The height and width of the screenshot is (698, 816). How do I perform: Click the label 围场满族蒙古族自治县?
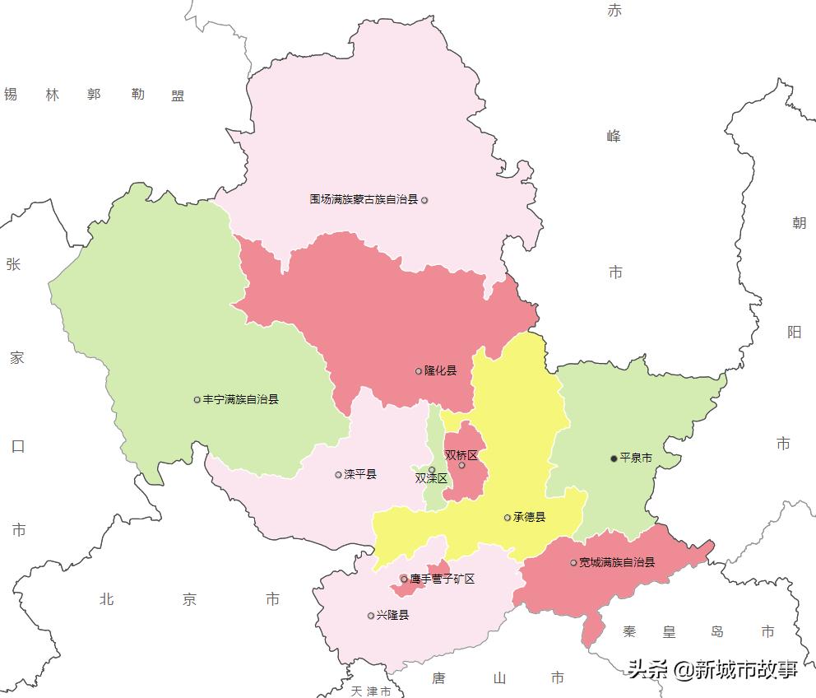pos(364,199)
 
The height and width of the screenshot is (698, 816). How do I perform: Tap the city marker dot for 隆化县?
pos(419,371)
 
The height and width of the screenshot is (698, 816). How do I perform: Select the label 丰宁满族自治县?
pos(240,399)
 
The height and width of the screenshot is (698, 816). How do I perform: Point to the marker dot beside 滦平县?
pos(338,475)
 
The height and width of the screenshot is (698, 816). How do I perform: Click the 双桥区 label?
pos(461,455)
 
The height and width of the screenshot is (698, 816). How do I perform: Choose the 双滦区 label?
pos(430,478)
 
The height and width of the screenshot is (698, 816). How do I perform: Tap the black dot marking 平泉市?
pos(614,458)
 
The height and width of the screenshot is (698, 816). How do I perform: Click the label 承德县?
pos(529,518)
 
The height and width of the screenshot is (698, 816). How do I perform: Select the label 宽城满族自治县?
pos(617,563)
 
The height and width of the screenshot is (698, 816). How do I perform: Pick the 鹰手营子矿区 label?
pos(443,579)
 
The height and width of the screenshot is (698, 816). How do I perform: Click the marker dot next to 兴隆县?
pos(371,616)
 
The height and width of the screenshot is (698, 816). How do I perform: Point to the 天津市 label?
pos(370,691)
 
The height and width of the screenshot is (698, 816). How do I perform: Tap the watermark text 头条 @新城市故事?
pos(713,669)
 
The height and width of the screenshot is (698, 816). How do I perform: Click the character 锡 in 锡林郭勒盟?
pos(11,95)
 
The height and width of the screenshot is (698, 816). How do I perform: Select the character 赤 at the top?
pos(614,11)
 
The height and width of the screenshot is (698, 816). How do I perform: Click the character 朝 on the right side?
pos(799,223)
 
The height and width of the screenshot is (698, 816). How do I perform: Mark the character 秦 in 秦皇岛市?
pos(630,632)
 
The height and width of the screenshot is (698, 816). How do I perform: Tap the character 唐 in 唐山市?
pos(439,678)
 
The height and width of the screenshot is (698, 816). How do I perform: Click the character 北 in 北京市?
pos(106,599)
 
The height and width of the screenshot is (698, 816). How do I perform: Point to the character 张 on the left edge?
pos(13,264)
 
